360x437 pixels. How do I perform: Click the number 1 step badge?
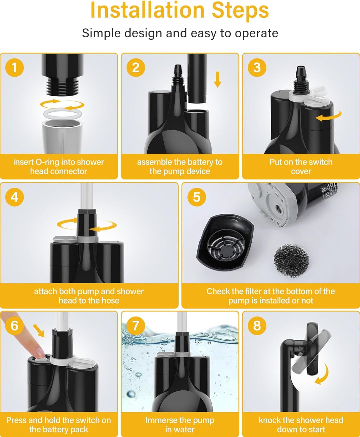click(x=15, y=68)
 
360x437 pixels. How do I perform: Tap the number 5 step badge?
click(x=197, y=197)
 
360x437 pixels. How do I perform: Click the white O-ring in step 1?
click(x=62, y=114)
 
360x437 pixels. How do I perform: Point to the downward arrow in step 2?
click(x=218, y=80)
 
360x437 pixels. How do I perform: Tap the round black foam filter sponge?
click(x=291, y=260)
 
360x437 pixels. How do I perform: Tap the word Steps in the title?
click(x=240, y=11)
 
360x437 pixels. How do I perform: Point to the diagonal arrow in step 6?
click(x=39, y=331)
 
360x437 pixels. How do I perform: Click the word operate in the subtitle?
click(x=256, y=34)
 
